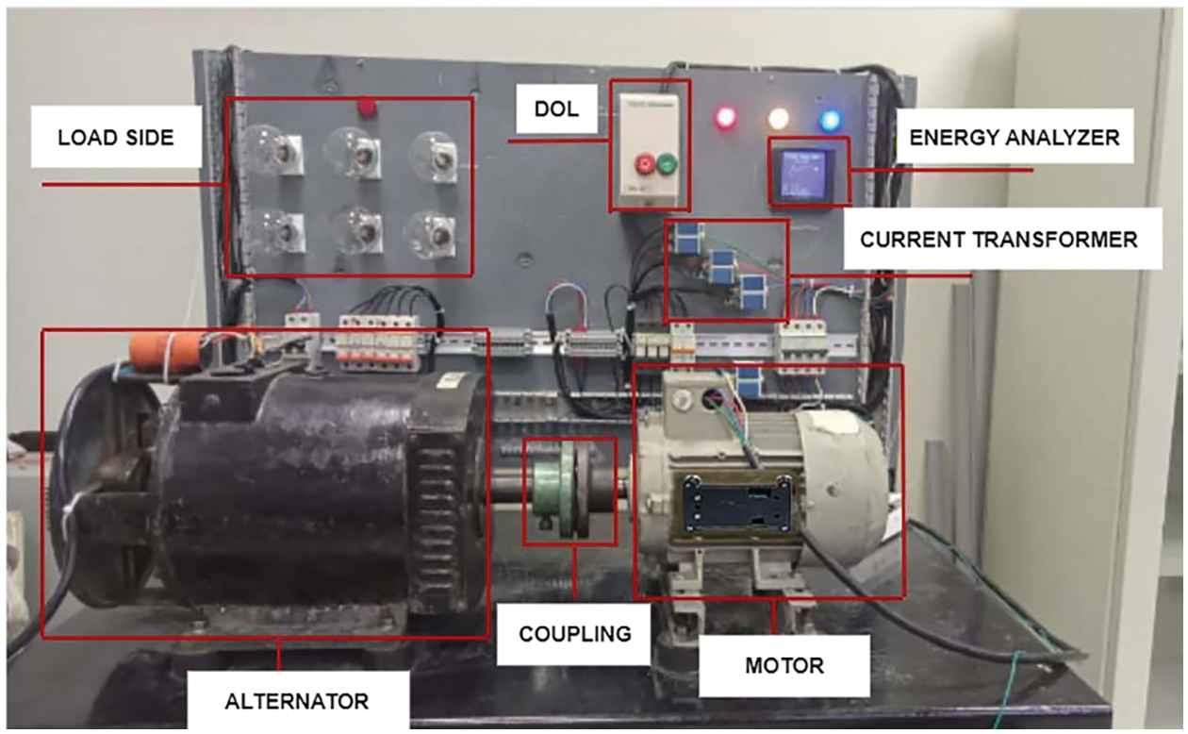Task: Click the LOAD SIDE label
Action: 116,138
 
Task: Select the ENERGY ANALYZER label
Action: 1014,138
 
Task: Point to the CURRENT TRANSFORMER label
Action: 998,240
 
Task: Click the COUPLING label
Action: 575,633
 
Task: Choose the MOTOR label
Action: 784,665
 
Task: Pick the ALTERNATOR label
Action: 297,701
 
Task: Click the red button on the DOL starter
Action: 645,165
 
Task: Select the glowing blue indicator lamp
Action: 831,120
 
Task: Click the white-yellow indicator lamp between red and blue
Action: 779,119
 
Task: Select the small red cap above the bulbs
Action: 364,109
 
